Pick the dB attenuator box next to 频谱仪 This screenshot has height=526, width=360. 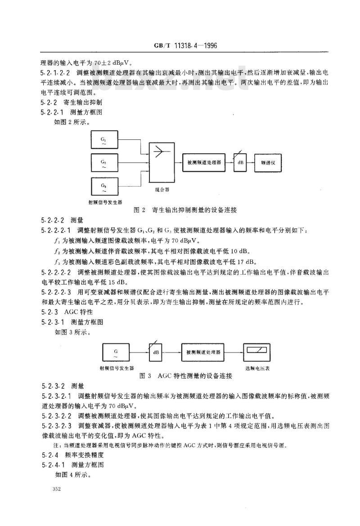[240, 164]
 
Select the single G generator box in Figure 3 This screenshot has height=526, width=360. [116, 352]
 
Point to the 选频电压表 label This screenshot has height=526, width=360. [257, 368]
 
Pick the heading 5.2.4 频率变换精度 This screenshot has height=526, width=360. [70, 455]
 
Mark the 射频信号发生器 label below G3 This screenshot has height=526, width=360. [105, 202]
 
